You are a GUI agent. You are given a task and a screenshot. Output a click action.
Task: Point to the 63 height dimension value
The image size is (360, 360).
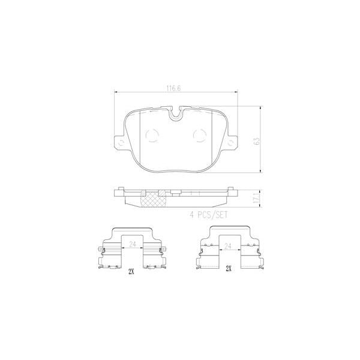[x=256, y=142]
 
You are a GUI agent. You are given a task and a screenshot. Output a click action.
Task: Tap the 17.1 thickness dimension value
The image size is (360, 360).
[x=256, y=198]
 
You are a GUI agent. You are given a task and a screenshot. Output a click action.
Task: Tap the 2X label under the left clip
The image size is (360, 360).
[x=131, y=271]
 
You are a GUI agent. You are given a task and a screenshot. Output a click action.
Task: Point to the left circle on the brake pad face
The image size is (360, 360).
[x=152, y=136]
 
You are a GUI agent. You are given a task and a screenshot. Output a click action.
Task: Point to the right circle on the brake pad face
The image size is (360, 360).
[x=200, y=136]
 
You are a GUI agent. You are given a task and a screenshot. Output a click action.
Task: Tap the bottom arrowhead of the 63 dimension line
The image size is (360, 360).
[x=260, y=175]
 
